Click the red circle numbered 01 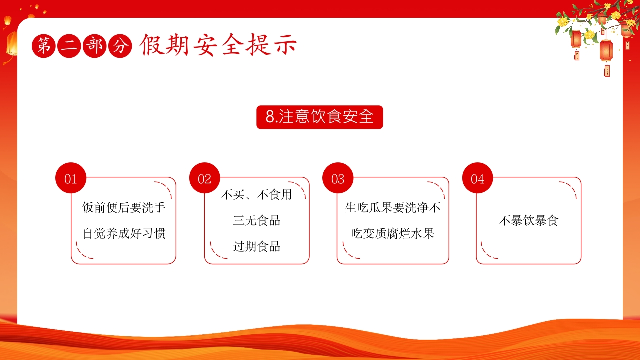coord(71,178)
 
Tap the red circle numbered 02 coord(205,178)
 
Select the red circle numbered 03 coord(338,178)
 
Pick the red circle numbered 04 coord(477,178)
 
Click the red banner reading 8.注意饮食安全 coord(319,117)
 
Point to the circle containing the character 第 coord(44,46)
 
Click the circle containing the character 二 coord(69,46)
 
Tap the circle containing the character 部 coord(95,46)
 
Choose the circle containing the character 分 coord(120,46)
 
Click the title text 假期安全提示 coord(218,45)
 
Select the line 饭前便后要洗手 coord(124,207)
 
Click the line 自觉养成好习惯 coord(124,233)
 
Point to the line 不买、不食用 coord(256,195)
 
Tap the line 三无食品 coord(256,220)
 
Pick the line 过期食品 coord(256,246)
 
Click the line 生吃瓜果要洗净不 coord(393,207)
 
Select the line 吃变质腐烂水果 coord(393,233)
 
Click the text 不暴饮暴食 coord(529,220)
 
